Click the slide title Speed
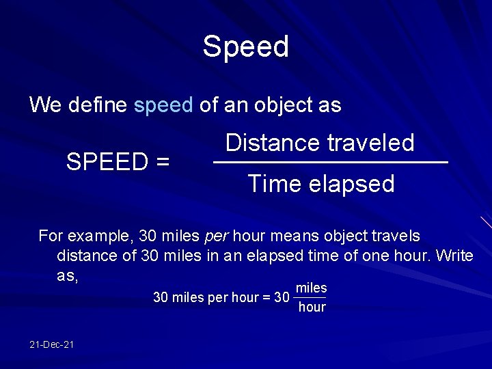click(x=246, y=47)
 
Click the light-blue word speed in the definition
click(x=164, y=105)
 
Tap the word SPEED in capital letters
click(x=107, y=162)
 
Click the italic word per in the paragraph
click(x=217, y=236)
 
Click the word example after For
click(x=99, y=237)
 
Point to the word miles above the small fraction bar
click(x=312, y=288)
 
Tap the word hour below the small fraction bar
click(x=312, y=307)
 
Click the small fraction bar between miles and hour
click(x=310, y=298)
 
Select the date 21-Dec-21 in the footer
click(x=52, y=344)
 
